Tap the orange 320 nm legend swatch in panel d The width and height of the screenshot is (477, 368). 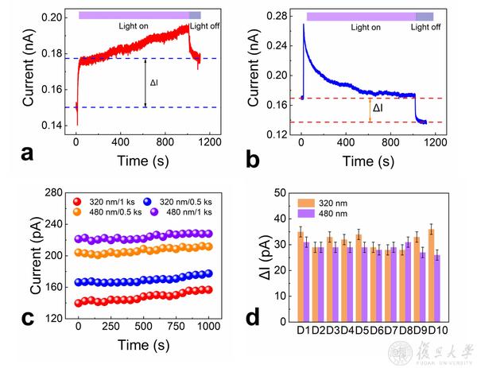(x=306, y=202)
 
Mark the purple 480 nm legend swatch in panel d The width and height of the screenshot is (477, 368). (x=306, y=212)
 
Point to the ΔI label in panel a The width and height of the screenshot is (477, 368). (x=156, y=82)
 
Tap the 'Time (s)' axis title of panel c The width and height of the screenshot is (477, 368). (x=144, y=347)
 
